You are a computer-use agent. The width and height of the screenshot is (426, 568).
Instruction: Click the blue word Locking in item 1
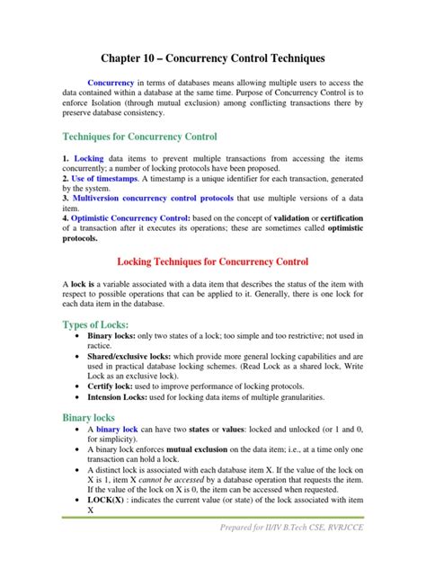(91, 158)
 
